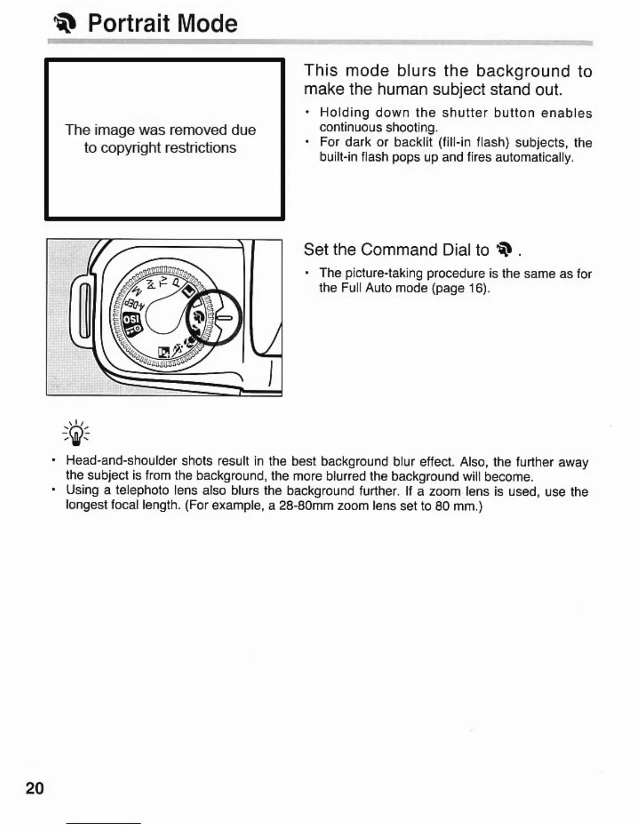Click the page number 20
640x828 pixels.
point(35,788)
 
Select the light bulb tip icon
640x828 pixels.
point(76,433)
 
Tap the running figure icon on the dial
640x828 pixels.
point(179,348)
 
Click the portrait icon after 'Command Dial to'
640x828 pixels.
point(504,250)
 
